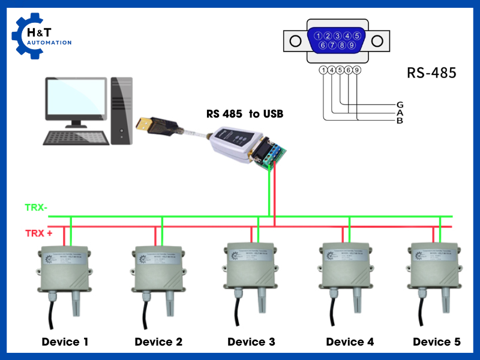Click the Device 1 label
(65, 342)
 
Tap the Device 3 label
(251, 342)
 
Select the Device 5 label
(437, 342)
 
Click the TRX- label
(36, 208)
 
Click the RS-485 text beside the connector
(431, 74)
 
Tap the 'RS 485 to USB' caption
(244, 114)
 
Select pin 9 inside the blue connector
(352, 45)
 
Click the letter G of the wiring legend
(400, 104)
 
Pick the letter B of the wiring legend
(400, 121)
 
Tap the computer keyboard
(76, 137)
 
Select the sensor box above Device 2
(158, 266)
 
